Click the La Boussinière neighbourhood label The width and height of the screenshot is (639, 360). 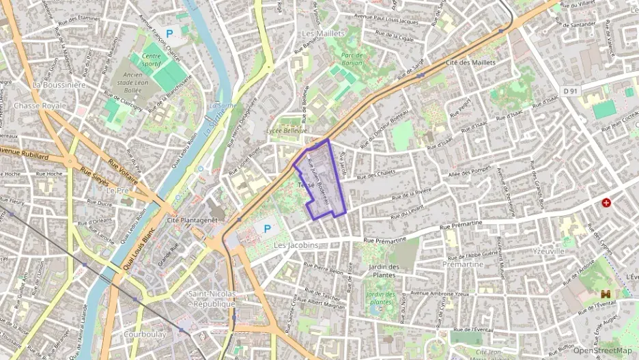pyautogui.click(x=59, y=85)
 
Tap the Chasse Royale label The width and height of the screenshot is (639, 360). pyautogui.click(x=40, y=106)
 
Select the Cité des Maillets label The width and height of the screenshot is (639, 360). pyautogui.click(x=470, y=62)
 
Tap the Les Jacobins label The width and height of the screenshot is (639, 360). pyautogui.click(x=296, y=245)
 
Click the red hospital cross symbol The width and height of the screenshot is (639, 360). pyautogui.click(x=606, y=203)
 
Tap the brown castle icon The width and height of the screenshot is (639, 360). pyautogui.click(x=604, y=294)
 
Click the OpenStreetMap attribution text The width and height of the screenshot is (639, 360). pyautogui.click(x=602, y=350)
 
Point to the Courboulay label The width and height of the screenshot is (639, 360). pyautogui.click(x=145, y=335)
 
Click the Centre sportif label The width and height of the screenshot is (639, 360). pyautogui.click(x=154, y=61)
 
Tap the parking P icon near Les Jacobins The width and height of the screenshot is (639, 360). pyautogui.click(x=267, y=228)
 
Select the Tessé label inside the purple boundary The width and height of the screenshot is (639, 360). pyautogui.click(x=306, y=186)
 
